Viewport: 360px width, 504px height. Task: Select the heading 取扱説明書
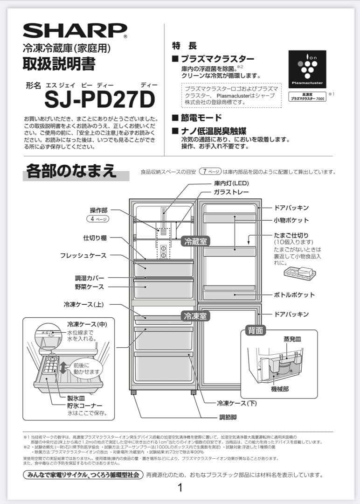click(x=59, y=64)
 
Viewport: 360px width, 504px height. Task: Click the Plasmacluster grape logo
click(x=307, y=69)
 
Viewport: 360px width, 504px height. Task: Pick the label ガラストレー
click(x=231, y=192)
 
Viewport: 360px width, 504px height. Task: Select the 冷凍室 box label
click(x=196, y=315)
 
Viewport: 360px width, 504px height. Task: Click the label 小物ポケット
click(x=291, y=220)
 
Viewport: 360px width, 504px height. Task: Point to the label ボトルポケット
click(x=294, y=295)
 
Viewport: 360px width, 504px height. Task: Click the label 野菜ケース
click(x=89, y=287)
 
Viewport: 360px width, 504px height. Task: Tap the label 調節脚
click(x=228, y=416)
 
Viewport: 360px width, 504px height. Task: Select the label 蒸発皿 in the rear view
click(x=292, y=339)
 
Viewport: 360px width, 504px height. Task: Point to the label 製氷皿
click(x=76, y=398)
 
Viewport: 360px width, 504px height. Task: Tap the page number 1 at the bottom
click(x=180, y=488)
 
